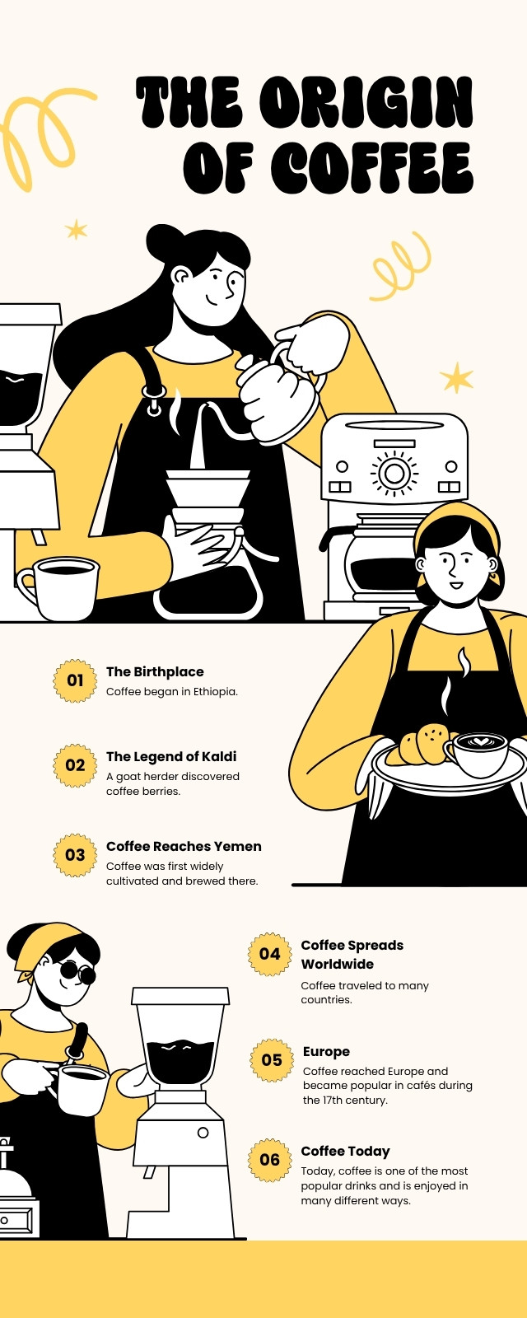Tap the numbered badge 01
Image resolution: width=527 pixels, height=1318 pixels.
pos(75,680)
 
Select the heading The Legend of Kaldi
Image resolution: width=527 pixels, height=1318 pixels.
pos(171,757)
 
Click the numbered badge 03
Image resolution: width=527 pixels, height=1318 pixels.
pos(75,855)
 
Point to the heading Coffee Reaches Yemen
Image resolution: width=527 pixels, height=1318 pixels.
pos(184,846)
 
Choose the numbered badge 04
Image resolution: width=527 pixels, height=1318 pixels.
pos(270,954)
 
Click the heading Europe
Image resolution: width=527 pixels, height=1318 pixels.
pos(326,1051)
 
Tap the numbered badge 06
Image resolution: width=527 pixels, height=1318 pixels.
pos(270,1160)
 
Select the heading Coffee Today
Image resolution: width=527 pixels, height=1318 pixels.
pos(345,1152)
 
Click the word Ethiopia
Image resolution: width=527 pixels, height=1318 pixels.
pos(215,692)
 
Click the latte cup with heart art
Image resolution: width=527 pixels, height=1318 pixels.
pos(478,753)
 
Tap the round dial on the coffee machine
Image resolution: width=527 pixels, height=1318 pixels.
pos(394,473)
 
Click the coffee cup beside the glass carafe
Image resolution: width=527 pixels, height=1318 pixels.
pos(58,588)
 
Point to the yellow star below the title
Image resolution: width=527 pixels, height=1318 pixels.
pos(77,230)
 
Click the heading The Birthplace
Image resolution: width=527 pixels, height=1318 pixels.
pos(155,672)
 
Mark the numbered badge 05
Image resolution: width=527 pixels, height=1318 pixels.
pos(272,1060)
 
